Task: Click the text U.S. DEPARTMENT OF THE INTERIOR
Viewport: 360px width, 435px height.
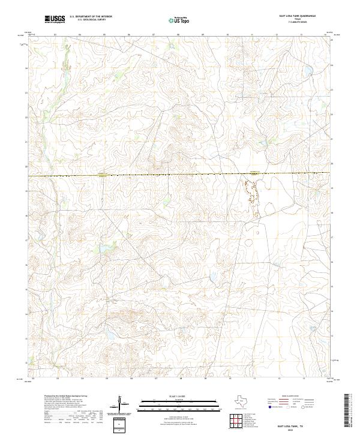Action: coord(91,17)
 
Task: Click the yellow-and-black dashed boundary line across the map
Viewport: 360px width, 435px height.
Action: coord(180,175)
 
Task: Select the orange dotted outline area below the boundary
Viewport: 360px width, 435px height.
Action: coord(251,195)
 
